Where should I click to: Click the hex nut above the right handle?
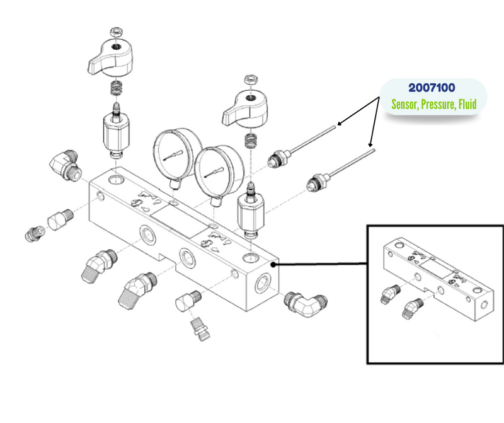pyautogui.click(x=249, y=79)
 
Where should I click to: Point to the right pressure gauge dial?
pyautogui.click(x=214, y=170)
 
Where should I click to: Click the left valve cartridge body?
pyautogui.click(x=115, y=134)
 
